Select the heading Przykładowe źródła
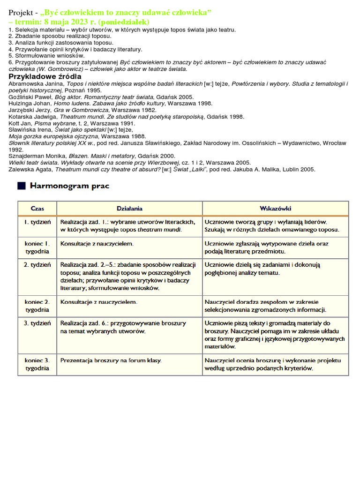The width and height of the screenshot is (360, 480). click(x=45, y=76)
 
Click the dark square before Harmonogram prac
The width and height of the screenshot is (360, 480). click(x=21, y=186)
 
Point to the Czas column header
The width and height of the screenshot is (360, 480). click(x=37, y=208)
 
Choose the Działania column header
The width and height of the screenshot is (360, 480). click(x=129, y=208)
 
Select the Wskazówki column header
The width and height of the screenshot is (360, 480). click(x=275, y=208)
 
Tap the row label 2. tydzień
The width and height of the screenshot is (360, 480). click(x=37, y=265)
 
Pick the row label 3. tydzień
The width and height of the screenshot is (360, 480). click(x=37, y=323)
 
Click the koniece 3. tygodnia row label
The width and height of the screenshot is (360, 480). click(x=37, y=364)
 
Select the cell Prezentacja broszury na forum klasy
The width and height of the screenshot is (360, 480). click(x=111, y=360)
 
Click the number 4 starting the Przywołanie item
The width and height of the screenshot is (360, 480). click(x=10, y=49)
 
